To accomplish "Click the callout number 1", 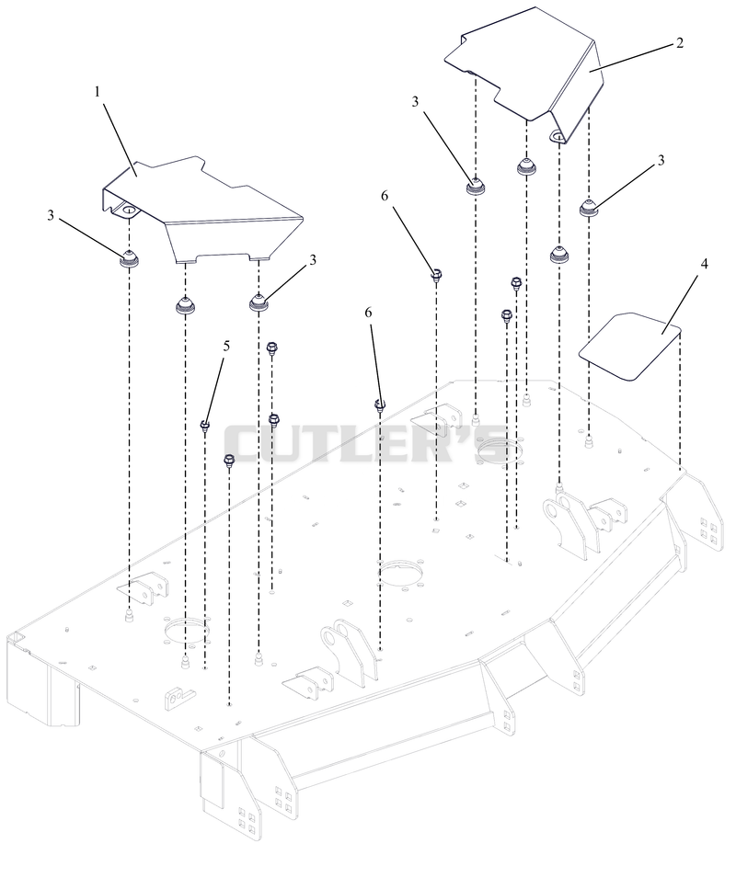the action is (98, 92).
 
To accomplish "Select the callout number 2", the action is (680, 43).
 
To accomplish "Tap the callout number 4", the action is (704, 264).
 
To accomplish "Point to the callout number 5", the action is (226, 346).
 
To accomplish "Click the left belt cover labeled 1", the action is (202, 211).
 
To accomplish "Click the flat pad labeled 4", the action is (629, 346).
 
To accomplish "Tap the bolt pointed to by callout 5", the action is (205, 425).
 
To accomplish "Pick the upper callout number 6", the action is (385, 196).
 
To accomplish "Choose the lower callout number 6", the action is (368, 313).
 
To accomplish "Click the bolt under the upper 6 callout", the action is (436, 276).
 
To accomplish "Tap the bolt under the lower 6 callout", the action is (380, 405).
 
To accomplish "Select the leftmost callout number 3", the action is (51, 215).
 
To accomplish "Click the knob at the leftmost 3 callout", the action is (130, 258).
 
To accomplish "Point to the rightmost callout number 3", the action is (661, 161).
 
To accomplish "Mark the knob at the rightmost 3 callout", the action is (589, 208).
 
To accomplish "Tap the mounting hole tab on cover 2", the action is (558, 135).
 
